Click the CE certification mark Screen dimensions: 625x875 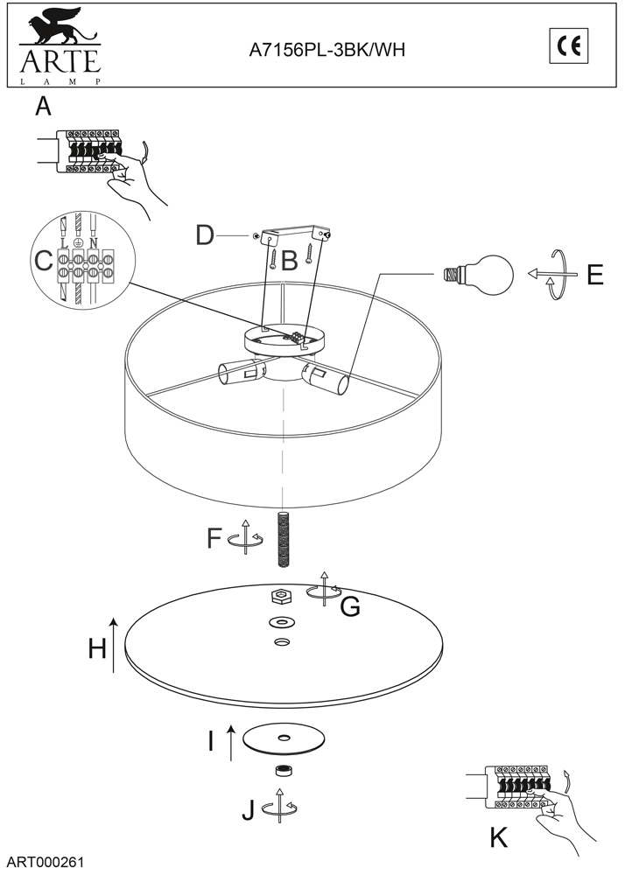[x=569, y=45]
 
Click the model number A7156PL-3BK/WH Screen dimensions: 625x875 [x=327, y=50]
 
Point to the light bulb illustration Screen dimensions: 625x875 [x=478, y=275]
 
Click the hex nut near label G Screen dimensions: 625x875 [x=279, y=596]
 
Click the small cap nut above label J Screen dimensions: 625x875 [x=284, y=771]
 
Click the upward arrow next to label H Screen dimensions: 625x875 [x=114, y=645]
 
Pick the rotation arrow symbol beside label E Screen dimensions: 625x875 [x=552, y=275]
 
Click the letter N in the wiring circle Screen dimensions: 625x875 [x=93, y=243]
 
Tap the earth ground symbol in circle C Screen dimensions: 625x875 [x=78, y=244]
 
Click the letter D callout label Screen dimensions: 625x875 [x=205, y=235]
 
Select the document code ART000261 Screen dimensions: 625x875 [x=46, y=862]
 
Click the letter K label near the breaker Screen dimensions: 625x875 [x=498, y=837]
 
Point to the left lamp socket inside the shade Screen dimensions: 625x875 [x=240, y=372]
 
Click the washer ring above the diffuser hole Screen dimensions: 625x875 [x=282, y=622]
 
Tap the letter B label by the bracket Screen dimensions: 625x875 [x=289, y=261]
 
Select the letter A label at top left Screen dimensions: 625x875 [x=43, y=106]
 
